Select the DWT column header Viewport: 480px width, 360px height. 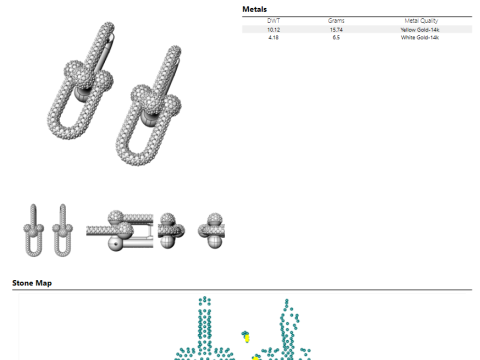tap(273, 20)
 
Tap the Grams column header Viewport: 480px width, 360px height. tap(335, 20)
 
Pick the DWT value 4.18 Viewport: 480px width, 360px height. tap(273, 37)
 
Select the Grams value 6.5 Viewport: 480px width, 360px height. tap(335, 37)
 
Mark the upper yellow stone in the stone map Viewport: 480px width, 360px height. tap(247, 337)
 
